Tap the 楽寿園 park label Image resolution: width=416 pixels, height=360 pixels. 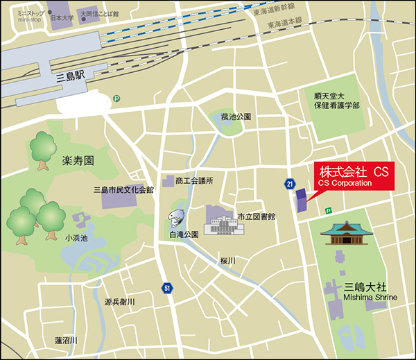tap(78, 161)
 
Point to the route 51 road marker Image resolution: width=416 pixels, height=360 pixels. tap(167, 286)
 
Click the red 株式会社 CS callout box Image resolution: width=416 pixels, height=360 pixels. tap(354, 175)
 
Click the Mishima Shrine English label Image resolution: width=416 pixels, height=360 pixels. tap(370, 298)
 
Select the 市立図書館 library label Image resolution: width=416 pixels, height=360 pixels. tap(257, 216)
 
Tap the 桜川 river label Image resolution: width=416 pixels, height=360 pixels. tap(228, 260)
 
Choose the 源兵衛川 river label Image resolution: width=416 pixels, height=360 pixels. tap(119, 302)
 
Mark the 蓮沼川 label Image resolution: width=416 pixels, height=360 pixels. tap(66, 341)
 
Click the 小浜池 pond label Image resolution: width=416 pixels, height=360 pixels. tap(77, 237)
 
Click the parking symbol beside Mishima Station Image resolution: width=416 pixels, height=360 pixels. tap(116, 98)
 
